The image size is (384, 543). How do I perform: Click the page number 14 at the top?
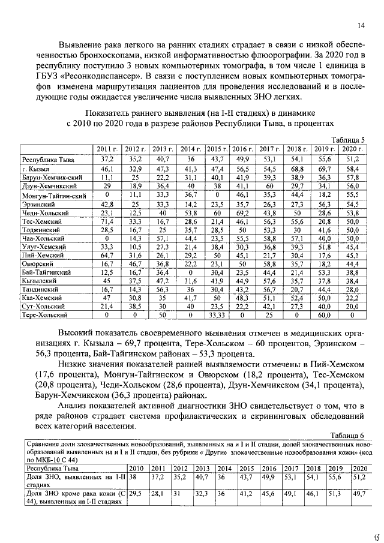(x=361, y=25)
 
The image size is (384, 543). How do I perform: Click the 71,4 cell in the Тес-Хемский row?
(x=107, y=221)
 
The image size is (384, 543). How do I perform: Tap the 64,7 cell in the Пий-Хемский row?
(x=107, y=255)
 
